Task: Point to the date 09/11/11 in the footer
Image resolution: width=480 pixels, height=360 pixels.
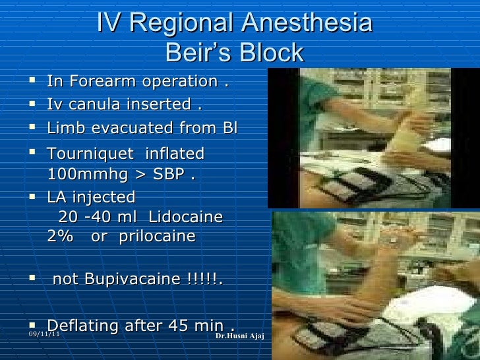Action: (44, 336)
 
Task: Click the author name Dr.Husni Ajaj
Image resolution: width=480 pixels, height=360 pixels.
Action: (239, 337)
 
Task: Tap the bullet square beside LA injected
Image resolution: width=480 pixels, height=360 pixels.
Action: (33, 196)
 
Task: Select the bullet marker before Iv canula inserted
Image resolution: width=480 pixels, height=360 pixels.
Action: (33, 104)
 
